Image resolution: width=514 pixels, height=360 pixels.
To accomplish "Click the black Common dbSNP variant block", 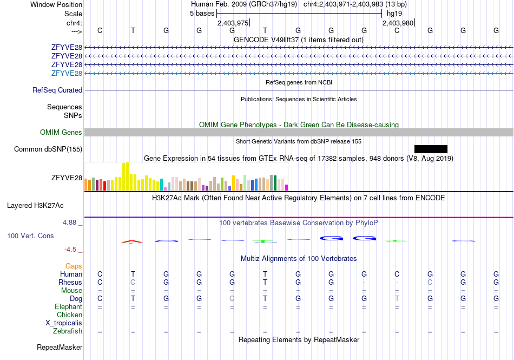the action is (431, 149).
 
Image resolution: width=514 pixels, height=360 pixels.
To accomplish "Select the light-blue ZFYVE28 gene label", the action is (67, 73).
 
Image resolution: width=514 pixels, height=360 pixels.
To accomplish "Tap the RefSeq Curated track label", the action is (57, 90).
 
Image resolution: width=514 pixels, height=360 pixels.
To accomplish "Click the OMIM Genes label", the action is (61, 133).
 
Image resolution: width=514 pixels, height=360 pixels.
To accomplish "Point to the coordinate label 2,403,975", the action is (233, 23).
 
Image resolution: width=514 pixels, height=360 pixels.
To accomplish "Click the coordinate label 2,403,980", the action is (398, 23).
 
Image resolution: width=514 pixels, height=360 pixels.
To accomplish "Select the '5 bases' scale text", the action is (202, 14).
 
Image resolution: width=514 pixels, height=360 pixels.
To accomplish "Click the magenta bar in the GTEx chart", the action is (287, 187).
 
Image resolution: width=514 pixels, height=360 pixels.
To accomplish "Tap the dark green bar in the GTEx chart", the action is (275, 183).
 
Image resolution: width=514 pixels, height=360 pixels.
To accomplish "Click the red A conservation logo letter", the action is (132, 241).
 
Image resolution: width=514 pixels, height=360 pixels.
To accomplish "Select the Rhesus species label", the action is (70, 282).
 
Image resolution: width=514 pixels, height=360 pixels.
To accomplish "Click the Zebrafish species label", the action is (68, 331).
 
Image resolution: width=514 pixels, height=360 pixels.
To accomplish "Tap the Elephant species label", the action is (68, 306).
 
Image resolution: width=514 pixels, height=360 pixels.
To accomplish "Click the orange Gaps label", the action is (74, 266).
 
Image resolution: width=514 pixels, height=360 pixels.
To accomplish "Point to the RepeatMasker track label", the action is (60, 347).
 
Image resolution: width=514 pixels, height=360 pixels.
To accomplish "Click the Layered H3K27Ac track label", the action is (35, 206).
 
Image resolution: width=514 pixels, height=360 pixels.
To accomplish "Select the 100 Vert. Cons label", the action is (30, 235).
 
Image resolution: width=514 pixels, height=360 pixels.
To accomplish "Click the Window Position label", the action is (56, 4).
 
